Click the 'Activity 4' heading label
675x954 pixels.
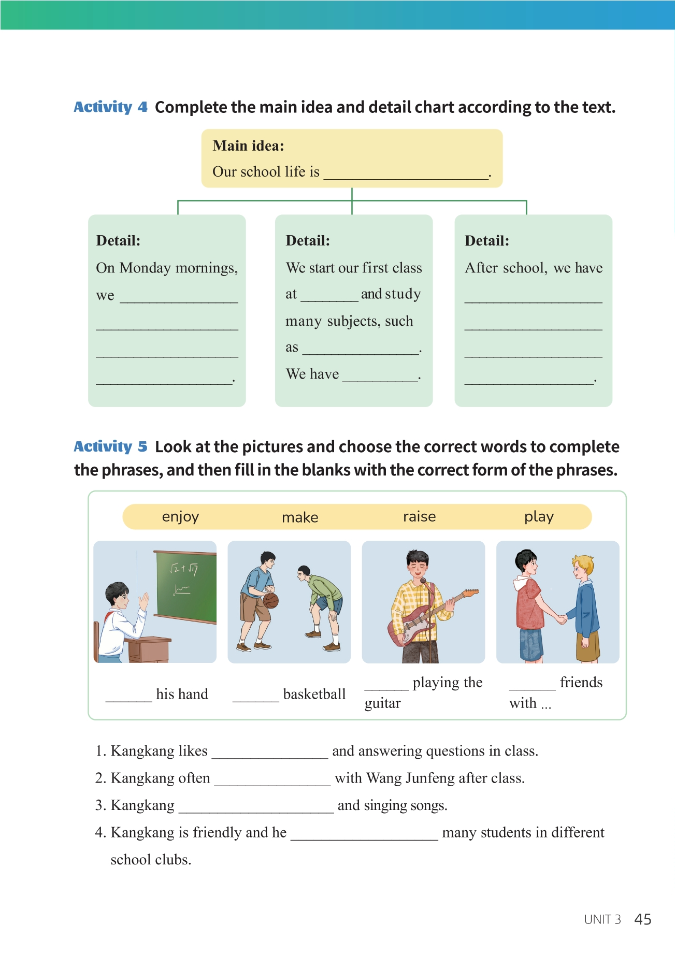tap(110, 107)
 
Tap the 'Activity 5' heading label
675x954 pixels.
tap(110, 446)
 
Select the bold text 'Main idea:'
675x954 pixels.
tap(248, 146)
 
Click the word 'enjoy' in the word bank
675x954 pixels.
tap(180, 517)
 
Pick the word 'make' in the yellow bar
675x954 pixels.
tap(300, 517)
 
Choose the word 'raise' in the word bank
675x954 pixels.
tap(419, 517)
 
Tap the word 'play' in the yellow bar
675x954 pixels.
tap(539, 517)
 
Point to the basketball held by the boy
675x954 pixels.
tap(271, 600)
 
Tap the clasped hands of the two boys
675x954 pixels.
tap(561, 618)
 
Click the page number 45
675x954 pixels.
tap(642, 919)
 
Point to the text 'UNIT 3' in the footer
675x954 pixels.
tap(602, 920)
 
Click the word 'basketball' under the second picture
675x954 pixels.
tap(314, 694)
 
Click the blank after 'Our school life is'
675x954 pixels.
tap(406, 174)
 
